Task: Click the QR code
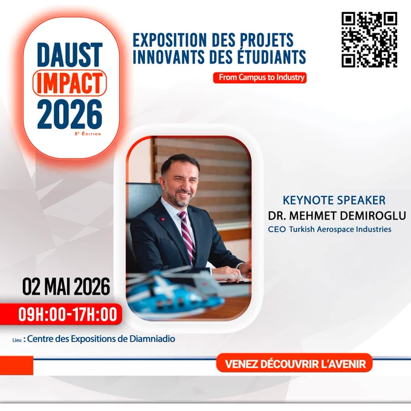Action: (369, 39)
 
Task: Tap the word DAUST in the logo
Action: (70, 56)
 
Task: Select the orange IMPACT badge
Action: (70, 83)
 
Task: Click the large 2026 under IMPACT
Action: (70, 115)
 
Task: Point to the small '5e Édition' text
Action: (88, 134)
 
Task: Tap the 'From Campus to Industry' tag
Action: (260, 77)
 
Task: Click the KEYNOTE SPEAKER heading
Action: (334, 200)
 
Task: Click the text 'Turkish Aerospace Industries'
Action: (340, 229)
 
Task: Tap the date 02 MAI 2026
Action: (66, 286)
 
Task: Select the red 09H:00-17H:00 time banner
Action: (61, 314)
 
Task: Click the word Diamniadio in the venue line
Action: (152, 338)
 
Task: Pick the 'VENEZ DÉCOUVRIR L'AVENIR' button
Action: (294, 364)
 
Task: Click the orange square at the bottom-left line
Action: (16, 366)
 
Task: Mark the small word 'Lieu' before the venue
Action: (17, 340)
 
